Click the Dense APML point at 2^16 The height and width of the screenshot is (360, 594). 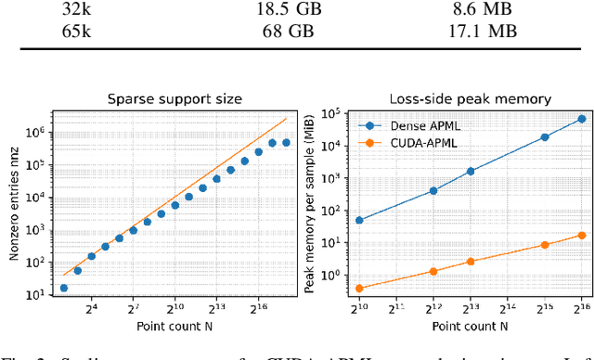tap(582, 119)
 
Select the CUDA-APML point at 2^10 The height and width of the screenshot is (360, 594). tap(358, 289)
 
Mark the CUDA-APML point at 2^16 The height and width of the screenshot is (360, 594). tap(582, 235)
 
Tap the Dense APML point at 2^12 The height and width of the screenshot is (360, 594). tap(433, 191)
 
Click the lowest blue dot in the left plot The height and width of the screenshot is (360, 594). tap(63, 288)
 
